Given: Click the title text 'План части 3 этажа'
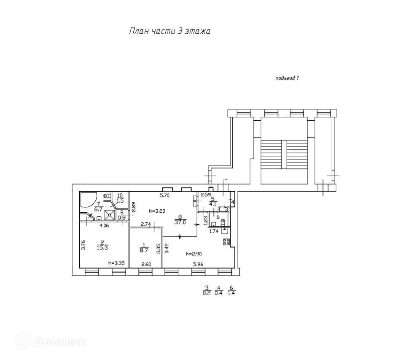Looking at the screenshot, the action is (x=169, y=31).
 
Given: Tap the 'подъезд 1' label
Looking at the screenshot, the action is (x=287, y=78).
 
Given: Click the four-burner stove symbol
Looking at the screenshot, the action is (x=226, y=242).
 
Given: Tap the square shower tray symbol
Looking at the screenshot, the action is (x=110, y=215).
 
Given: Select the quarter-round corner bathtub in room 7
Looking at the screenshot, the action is (x=89, y=200).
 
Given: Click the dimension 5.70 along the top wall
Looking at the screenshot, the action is (x=165, y=195).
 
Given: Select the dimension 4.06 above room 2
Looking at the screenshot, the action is (x=105, y=226).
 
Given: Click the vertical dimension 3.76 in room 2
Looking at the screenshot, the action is (x=83, y=245).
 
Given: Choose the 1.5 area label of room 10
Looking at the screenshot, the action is (x=120, y=200).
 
